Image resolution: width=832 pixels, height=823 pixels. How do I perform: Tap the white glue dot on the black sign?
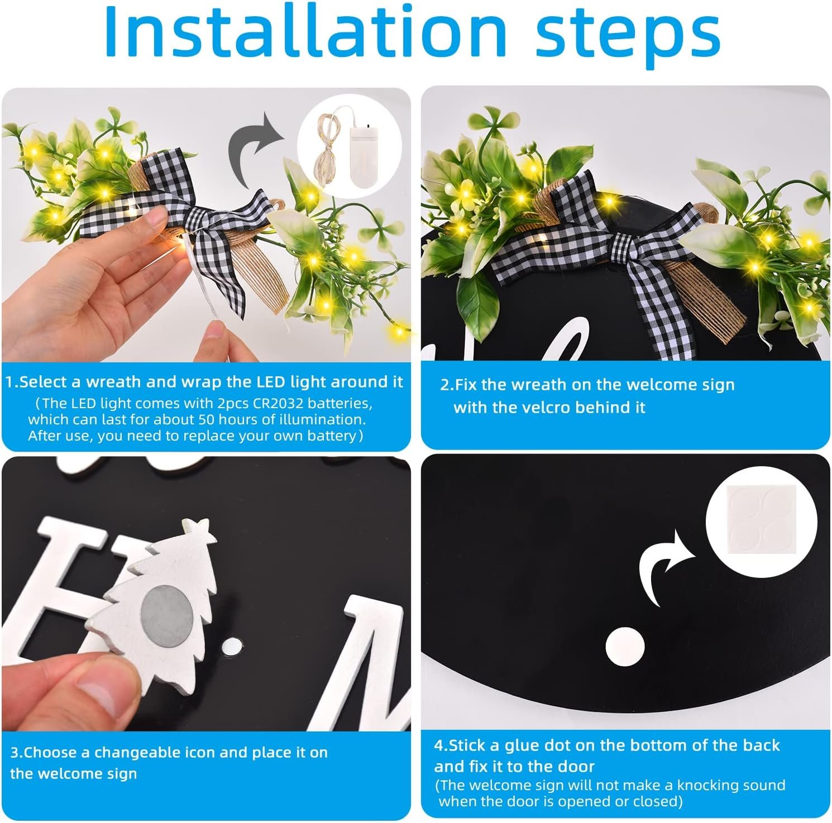(625, 647)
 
